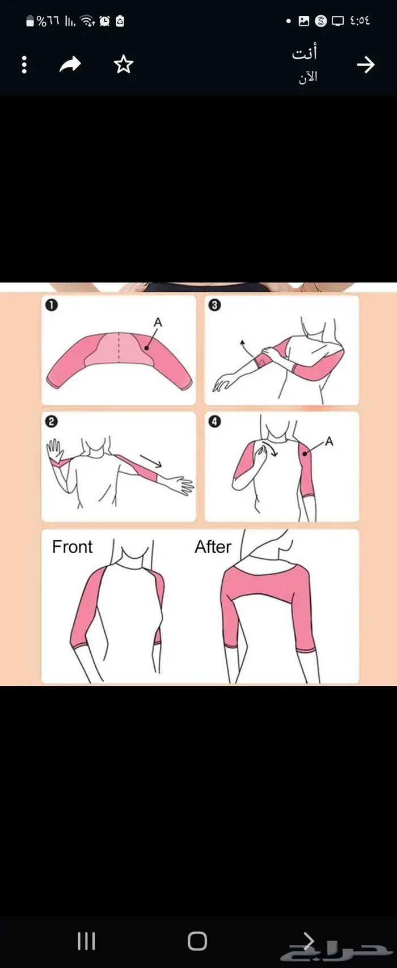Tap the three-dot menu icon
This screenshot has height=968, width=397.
point(24,65)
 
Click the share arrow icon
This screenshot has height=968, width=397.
point(70,65)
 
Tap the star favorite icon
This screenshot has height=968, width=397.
point(123,65)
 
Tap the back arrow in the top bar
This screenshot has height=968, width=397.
point(365,65)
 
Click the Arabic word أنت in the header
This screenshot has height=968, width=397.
point(305,52)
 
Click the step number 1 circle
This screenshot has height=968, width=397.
point(52,305)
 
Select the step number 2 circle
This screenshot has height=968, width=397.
point(52,421)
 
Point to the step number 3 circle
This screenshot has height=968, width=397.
point(214,305)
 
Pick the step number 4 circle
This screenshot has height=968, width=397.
point(214,421)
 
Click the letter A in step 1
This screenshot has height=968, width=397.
point(158,322)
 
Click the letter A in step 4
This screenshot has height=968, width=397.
point(329,441)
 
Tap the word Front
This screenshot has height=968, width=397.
point(72,547)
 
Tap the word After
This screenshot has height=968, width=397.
point(213,547)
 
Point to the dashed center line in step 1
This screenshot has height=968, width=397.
point(119,347)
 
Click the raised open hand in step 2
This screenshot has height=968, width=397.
point(54,450)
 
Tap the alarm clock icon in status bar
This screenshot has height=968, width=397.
point(105,21)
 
